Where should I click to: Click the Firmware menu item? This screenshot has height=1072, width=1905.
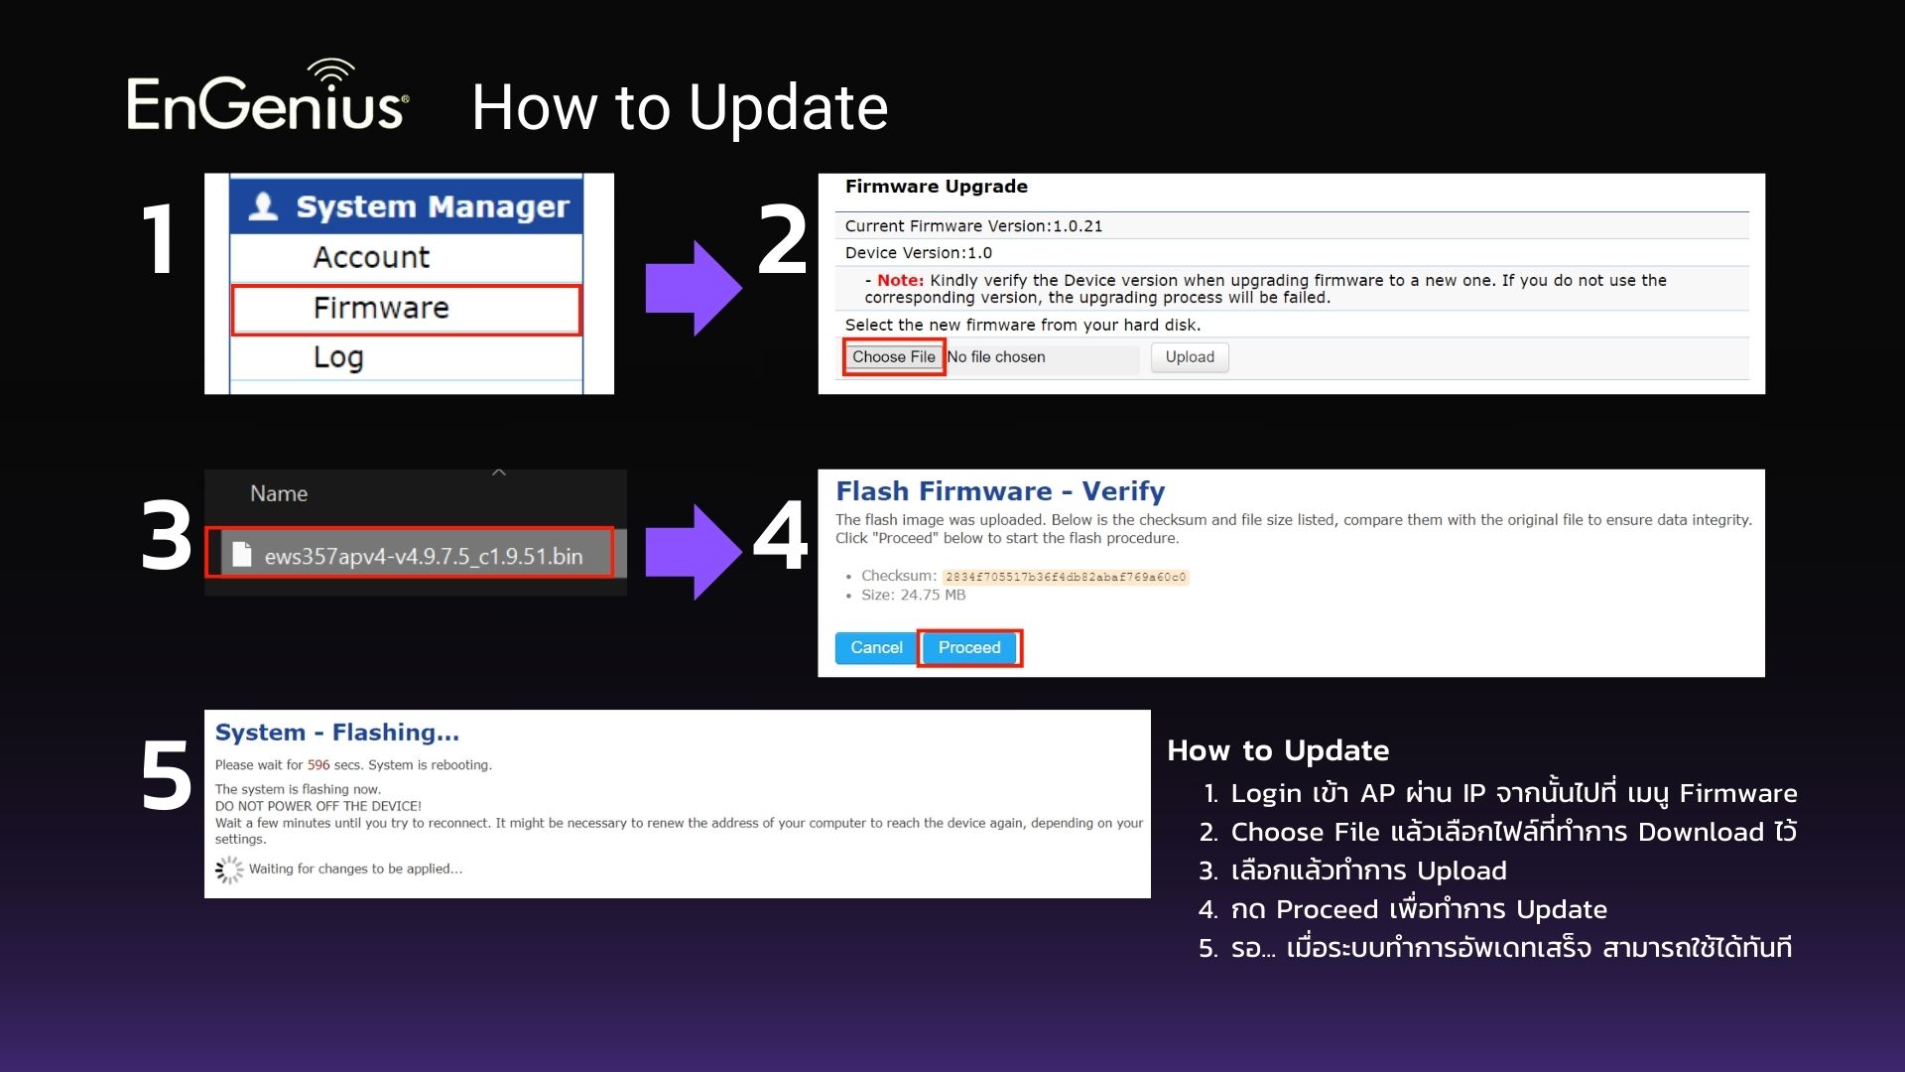(x=381, y=308)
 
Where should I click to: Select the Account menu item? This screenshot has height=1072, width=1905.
(x=371, y=257)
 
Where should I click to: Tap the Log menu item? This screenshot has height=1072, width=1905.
(x=338, y=357)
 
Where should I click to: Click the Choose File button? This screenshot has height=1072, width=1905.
(x=893, y=356)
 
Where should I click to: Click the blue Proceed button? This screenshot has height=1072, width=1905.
(x=969, y=647)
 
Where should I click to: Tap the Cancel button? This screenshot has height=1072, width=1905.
(x=876, y=647)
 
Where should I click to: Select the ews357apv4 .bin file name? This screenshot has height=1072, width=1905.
(x=423, y=556)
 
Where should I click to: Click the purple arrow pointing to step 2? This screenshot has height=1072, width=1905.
(x=694, y=288)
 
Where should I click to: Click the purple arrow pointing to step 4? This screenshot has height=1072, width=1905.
(x=694, y=552)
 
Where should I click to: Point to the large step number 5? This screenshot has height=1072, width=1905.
(x=167, y=776)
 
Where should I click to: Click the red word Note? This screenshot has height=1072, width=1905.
(x=900, y=281)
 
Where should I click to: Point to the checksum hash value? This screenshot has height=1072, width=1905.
(x=1066, y=577)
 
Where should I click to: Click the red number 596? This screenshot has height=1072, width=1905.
(x=318, y=765)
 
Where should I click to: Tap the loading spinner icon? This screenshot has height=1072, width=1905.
(x=229, y=870)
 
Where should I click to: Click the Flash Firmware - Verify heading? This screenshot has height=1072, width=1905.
(x=1000, y=491)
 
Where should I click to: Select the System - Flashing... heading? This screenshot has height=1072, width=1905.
(x=337, y=733)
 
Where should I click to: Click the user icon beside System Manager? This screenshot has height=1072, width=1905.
(x=263, y=206)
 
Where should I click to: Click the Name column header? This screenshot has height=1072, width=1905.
(x=279, y=493)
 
